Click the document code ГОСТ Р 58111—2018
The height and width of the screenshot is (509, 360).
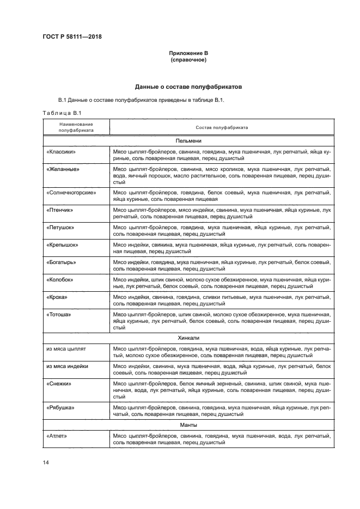coord(72,37)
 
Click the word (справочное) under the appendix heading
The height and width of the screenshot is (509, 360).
coord(188,59)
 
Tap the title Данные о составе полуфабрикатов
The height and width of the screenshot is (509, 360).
coord(188,87)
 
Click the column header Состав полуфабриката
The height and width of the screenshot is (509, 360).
coord(222,127)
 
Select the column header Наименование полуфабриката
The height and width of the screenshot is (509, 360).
coord(76,127)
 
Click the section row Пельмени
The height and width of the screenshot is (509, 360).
coord(188,140)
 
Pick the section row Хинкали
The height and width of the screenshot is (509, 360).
coord(188,338)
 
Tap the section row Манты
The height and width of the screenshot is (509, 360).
coord(188,425)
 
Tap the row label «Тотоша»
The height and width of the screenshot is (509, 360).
coord(60,314)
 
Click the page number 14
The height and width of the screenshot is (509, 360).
coord(45,463)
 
